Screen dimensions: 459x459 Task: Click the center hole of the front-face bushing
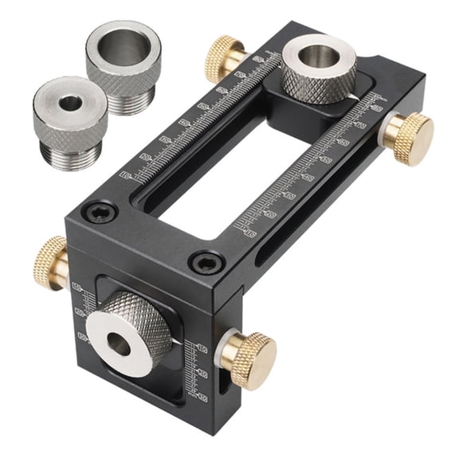[x=119, y=345]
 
